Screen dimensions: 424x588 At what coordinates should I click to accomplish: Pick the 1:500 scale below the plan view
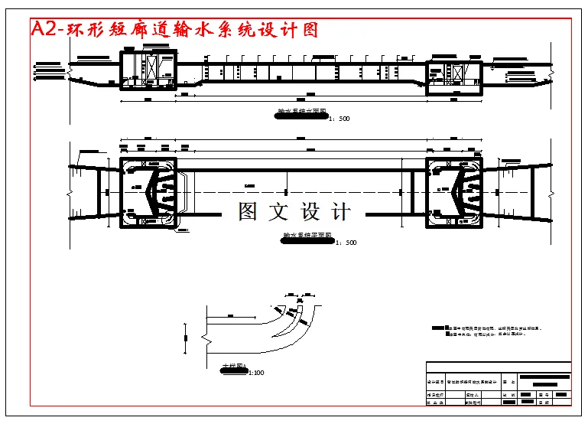(345, 243)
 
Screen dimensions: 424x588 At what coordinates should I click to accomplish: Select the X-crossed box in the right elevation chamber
(458, 75)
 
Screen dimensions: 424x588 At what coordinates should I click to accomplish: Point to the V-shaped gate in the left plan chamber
(164, 191)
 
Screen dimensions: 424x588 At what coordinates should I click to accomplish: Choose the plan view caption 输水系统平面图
(307, 236)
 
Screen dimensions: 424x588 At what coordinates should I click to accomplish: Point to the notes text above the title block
(489, 331)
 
